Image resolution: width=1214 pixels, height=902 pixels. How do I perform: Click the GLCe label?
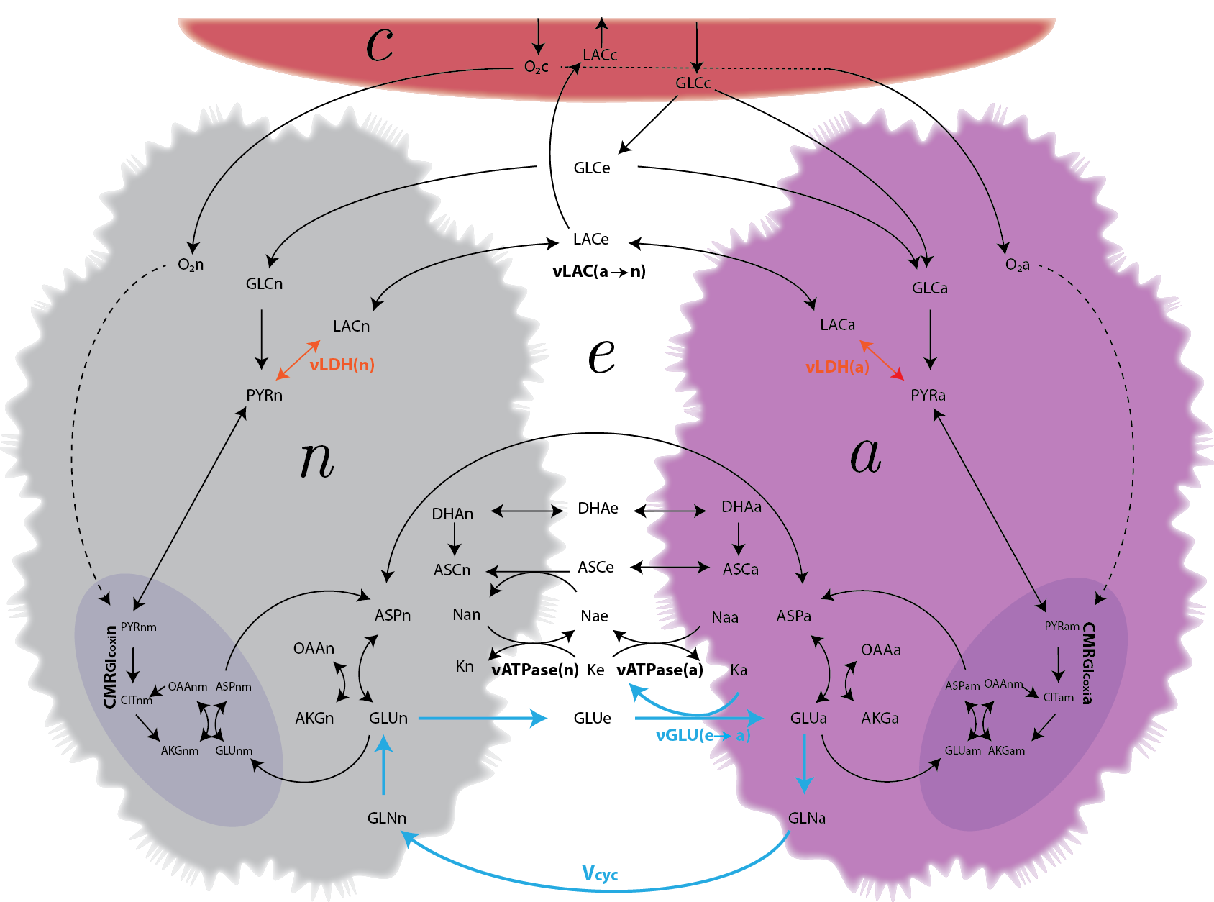[591, 168]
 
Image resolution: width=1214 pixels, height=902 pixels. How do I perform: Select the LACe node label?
[590, 239]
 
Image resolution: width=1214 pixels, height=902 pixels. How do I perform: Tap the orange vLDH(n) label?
[342, 365]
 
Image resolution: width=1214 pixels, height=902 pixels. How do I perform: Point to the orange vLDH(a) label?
[837, 367]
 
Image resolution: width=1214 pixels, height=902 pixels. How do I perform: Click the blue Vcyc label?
[600, 874]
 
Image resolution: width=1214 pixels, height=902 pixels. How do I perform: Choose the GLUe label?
[592, 718]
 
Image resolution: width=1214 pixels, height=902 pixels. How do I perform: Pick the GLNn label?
[386, 818]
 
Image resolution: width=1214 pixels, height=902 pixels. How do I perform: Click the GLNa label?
[806, 818]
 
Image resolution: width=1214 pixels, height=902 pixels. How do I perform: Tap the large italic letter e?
[601, 355]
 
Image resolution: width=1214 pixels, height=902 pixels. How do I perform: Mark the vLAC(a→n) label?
[599, 271]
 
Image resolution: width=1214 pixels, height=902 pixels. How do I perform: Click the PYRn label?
[264, 395]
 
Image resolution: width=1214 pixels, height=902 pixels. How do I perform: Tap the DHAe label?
[598, 508]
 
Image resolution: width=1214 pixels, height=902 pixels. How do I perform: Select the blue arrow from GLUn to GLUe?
[482, 718]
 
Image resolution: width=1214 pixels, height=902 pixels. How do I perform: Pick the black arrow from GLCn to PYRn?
[262, 338]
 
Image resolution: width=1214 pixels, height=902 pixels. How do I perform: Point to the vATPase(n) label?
[535, 670]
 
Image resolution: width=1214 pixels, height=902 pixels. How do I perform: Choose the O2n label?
[191, 265]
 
